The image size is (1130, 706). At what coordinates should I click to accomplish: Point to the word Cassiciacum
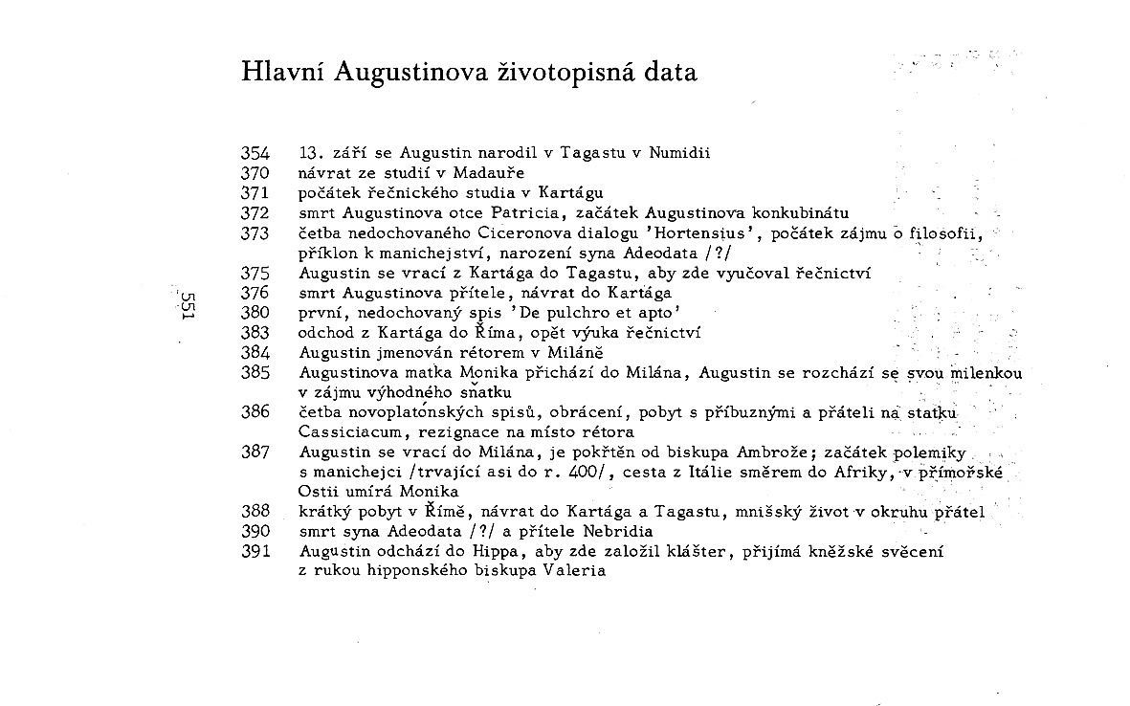[x=347, y=432]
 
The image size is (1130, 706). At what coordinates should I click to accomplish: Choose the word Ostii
[x=320, y=492]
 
